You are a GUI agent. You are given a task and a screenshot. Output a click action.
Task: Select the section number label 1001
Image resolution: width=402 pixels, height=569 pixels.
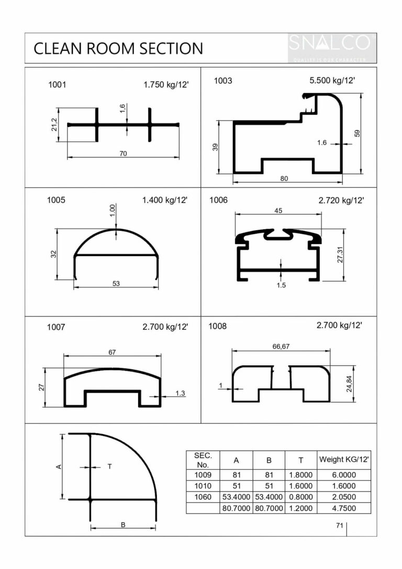coord(57,84)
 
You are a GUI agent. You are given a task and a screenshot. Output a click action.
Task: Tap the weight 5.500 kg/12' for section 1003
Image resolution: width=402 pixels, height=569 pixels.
coord(332,81)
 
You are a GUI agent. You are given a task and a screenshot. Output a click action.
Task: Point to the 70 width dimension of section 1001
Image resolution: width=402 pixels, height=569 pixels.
coord(124,153)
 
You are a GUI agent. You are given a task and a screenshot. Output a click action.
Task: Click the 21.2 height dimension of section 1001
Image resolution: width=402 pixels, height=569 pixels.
coord(54,125)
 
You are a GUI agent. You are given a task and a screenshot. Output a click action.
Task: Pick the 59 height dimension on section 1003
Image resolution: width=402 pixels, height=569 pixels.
coord(358,133)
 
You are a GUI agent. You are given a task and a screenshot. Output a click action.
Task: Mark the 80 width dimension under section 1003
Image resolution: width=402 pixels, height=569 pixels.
coord(284,178)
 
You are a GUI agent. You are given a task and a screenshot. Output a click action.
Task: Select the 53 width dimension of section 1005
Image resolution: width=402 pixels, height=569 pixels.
coord(116,284)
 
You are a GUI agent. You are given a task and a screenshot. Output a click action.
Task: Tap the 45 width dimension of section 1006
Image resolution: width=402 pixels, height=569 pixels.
coord(278,210)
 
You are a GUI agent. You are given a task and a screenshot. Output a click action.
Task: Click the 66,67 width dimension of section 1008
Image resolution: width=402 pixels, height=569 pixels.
coord(281,347)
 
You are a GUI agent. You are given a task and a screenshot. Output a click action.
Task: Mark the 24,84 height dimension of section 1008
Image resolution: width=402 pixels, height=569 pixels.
coord(349,384)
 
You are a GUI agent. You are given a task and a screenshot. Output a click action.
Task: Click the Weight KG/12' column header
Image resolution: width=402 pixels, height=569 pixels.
coord(344,459)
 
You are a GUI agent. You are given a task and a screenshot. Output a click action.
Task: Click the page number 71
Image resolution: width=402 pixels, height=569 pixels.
coord(339,526)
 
